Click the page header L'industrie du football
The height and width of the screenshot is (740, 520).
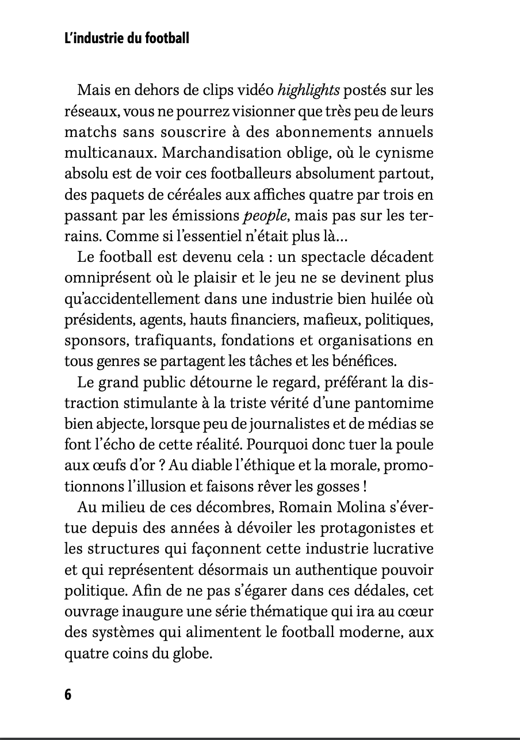(x=127, y=39)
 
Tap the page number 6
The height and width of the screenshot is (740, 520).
(x=68, y=695)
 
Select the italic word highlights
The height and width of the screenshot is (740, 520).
(x=309, y=90)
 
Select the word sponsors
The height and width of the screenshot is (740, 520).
(x=95, y=340)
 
